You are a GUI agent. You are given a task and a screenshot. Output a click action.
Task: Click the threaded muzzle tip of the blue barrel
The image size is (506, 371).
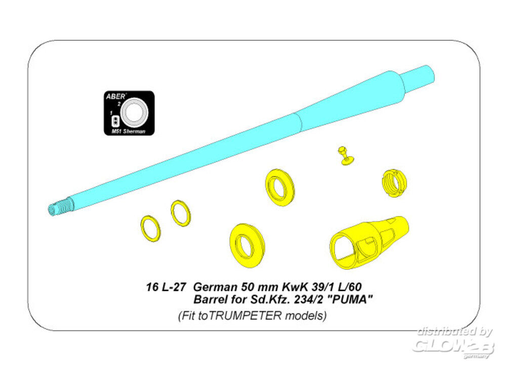click(61, 206)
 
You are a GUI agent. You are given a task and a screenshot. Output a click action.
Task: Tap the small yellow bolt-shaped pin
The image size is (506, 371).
click(346, 156)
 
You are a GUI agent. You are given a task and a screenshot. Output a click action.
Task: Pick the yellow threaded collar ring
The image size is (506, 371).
click(394, 183)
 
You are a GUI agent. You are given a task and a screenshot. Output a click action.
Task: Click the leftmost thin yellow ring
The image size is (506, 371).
click(150, 229)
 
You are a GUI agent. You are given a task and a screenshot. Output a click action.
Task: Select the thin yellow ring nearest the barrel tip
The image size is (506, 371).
click(181, 213)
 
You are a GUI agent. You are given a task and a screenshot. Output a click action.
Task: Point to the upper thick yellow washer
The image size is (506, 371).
click(280, 188)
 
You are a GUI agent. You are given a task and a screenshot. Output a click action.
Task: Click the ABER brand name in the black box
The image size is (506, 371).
click(115, 96)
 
